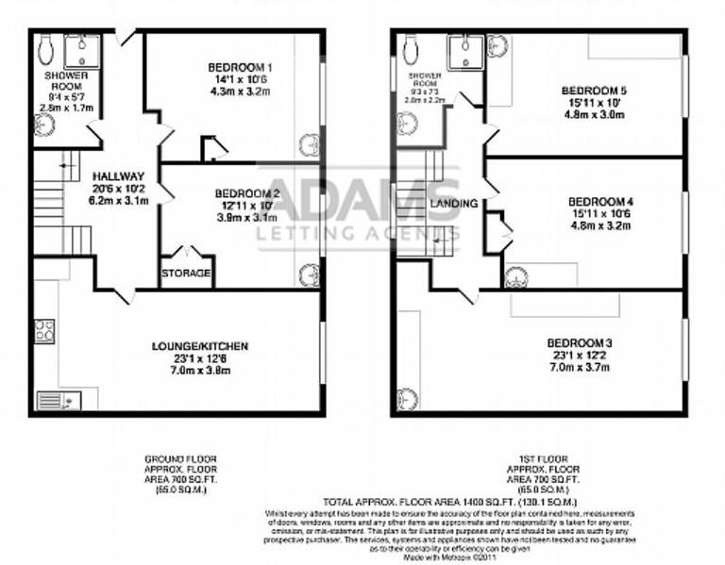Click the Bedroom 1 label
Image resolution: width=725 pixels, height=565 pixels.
240,67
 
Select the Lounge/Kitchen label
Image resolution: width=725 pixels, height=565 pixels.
199,346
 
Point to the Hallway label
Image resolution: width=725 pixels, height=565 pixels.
118,175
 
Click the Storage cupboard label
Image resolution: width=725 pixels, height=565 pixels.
186,274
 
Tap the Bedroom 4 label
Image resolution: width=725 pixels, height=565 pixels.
600,202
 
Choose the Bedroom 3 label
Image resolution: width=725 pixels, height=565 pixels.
580,341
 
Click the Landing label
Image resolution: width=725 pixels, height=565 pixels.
452,203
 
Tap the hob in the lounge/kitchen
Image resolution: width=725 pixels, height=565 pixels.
43,330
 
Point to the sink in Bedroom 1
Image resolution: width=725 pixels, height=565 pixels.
308,144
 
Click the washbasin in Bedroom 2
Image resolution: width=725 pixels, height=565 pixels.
308,274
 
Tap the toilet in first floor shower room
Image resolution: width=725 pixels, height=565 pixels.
410,48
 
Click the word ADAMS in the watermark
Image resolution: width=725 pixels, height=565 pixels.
359,196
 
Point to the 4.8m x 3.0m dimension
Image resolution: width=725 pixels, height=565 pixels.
595,114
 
